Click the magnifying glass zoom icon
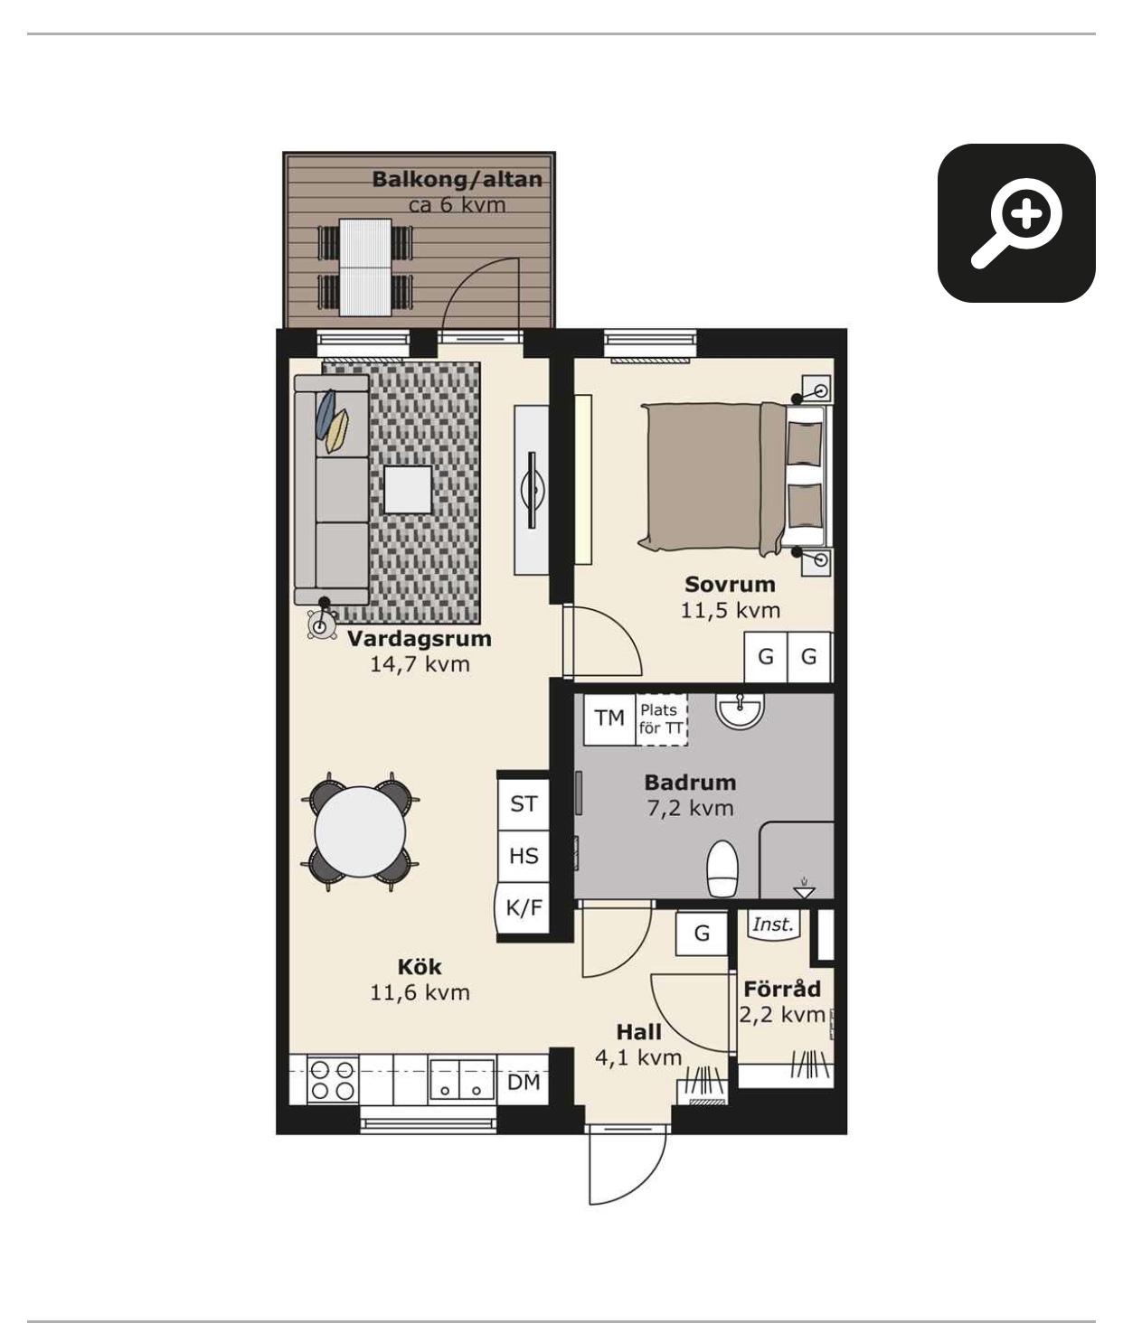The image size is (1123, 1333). pyautogui.click(x=1016, y=222)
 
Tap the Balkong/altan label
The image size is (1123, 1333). pyautogui.click(x=457, y=179)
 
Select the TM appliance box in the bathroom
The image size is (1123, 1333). pyautogui.click(x=609, y=718)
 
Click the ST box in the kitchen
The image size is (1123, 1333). pyautogui.click(x=524, y=803)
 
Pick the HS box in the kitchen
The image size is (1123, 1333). pyautogui.click(x=524, y=856)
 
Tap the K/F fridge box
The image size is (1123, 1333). pyautogui.click(x=524, y=908)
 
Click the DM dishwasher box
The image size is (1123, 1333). pyautogui.click(x=524, y=1081)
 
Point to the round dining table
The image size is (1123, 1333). pyautogui.click(x=360, y=832)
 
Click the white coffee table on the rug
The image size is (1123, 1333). pyautogui.click(x=408, y=489)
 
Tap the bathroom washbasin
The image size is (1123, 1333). pyautogui.click(x=741, y=709)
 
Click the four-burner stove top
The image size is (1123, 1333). pyautogui.click(x=332, y=1080)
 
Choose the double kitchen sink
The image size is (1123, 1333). pyautogui.click(x=461, y=1080)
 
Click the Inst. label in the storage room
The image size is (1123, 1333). pyautogui.click(x=772, y=925)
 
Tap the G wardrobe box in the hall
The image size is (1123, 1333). pyautogui.click(x=702, y=933)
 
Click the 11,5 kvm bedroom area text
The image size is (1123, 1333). pyautogui.click(x=730, y=610)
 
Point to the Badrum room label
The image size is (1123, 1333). pyautogui.click(x=690, y=783)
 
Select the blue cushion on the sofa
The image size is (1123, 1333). pyautogui.click(x=325, y=414)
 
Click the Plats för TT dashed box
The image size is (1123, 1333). pyautogui.click(x=662, y=719)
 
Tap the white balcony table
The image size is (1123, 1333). pyautogui.click(x=365, y=267)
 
